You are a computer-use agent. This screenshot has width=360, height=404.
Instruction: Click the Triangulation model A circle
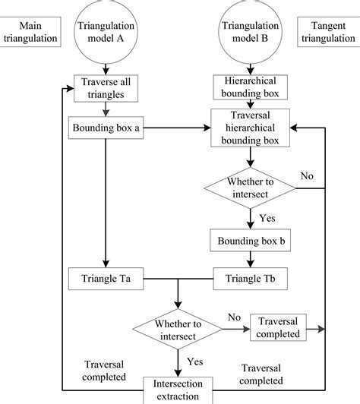(x=106, y=32)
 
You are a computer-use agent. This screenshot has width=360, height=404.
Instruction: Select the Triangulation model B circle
(x=250, y=32)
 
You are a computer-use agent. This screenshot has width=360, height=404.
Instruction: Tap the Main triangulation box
(x=30, y=32)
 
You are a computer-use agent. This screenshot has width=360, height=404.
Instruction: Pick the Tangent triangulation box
(x=329, y=32)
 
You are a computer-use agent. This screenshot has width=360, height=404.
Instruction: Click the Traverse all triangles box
(x=106, y=88)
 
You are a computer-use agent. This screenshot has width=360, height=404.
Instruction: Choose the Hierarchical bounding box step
(x=250, y=87)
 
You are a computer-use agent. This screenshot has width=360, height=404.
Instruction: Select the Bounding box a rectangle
(x=106, y=128)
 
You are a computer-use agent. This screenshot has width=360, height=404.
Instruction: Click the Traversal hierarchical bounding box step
(x=250, y=128)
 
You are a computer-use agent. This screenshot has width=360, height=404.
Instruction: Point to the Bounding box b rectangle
(x=250, y=240)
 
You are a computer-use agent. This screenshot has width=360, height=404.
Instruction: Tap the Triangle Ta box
(x=106, y=279)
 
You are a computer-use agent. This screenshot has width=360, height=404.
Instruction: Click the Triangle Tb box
(x=250, y=279)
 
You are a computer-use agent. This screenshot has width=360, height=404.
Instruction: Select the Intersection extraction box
(x=178, y=390)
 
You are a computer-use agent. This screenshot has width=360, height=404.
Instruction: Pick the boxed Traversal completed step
(x=278, y=327)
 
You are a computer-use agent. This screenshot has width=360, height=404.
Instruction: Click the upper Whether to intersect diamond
(x=250, y=188)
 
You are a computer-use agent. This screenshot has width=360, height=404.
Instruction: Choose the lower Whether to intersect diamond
(x=178, y=329)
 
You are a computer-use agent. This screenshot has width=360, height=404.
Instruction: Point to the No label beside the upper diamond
(x=307, y=176)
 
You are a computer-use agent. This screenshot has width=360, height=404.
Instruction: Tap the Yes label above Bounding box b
(x=267, y=218)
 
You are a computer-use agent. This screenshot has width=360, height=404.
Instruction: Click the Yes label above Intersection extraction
(x=195, y=361)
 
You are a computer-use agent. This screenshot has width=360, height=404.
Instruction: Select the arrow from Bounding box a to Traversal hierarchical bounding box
(x=177, y=128)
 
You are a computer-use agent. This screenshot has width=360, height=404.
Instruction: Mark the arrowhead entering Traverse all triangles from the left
(x=70, y=88)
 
